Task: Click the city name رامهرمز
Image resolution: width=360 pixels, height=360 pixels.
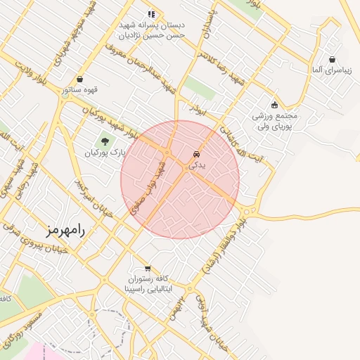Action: [65, 229]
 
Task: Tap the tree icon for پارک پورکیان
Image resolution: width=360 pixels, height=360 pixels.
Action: [105, 141]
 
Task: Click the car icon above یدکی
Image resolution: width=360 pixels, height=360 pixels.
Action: [196, 153]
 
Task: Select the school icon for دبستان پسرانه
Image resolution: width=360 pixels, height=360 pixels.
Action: [150, 13]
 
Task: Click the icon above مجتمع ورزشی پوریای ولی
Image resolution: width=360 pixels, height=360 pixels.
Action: [274, 105]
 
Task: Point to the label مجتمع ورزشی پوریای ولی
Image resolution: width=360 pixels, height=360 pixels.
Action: [275, 120]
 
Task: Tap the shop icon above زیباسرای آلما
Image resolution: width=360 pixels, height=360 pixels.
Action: [331, 60]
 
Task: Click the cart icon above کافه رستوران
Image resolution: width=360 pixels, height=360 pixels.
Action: [147, 268]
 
